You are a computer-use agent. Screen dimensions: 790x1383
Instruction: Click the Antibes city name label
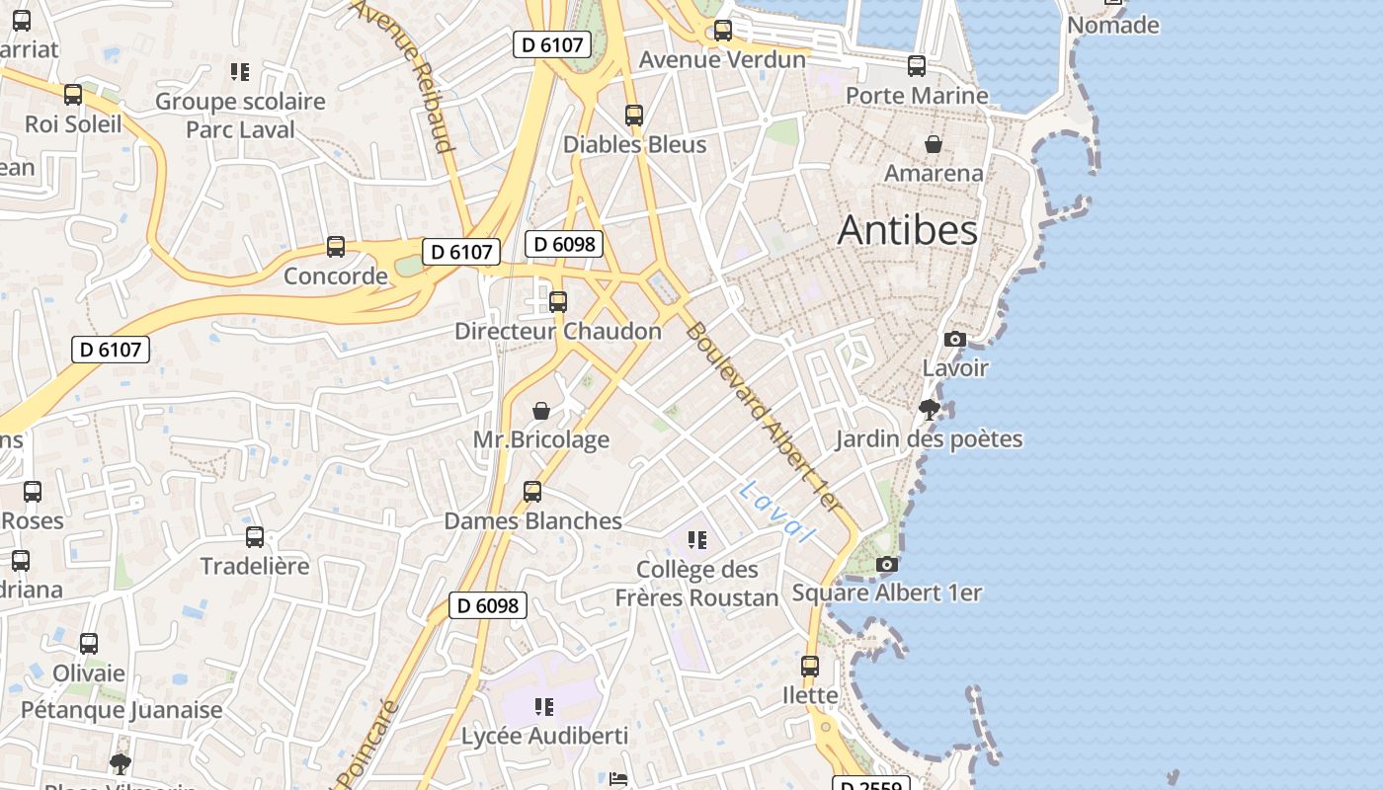coord(907,230)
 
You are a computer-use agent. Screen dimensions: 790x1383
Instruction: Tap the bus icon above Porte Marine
coord(917,66)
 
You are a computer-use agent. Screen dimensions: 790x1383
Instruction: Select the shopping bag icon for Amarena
coord(933,145)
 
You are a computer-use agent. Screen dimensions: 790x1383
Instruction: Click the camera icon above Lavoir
coord(954,339)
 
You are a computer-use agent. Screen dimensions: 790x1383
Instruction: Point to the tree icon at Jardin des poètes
coord(929,409)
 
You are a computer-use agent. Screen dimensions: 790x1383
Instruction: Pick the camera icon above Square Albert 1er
coord(887,564)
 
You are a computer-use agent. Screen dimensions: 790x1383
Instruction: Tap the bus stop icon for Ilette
coord(810,666)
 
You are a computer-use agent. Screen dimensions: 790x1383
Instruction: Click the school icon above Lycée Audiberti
coord(543,706)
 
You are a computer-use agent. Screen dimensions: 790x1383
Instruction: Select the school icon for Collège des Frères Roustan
coord(697,539)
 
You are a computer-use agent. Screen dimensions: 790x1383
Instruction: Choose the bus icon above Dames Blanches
coord(532,491)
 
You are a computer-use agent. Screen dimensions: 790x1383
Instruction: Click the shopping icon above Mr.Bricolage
coord(541,411)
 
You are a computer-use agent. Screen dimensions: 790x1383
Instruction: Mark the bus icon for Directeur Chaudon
coord(558,301)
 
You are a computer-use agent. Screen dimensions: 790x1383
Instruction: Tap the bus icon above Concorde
coord(336,246)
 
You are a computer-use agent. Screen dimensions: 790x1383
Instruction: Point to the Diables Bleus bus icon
coord(634,115)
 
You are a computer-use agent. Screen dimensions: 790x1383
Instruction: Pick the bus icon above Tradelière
coord(255,536)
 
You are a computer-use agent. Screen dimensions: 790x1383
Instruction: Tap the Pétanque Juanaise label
coord(122,709)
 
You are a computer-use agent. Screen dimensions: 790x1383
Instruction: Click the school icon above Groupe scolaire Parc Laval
coord(239,71)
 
